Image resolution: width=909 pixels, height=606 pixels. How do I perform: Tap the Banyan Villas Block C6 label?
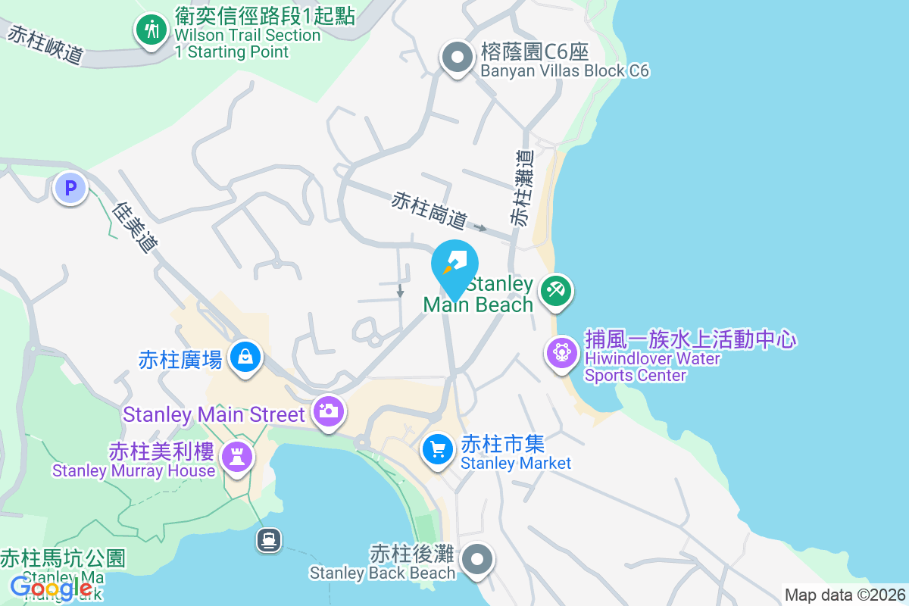[564, 61]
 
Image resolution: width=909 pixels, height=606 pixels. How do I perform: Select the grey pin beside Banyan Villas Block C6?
[457, 58]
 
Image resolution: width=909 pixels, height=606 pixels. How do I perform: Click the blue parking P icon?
[70, 188]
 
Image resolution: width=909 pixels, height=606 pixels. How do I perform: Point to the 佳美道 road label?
[137, 226]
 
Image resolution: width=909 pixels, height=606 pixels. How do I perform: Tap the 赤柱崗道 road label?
[429, 211]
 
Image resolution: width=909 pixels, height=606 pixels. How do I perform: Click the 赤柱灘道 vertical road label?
[522, 187]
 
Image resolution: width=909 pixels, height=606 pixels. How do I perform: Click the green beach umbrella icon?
[555, 290]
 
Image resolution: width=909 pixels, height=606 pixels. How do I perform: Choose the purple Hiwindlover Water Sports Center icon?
[562, 353]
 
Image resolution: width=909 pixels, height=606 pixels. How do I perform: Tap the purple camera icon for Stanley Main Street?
[328, 412]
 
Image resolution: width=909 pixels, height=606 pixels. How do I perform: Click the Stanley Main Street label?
[214, 415]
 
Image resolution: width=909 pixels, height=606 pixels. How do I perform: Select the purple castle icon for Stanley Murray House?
[238, 456]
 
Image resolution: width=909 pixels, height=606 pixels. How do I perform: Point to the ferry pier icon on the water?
[269, 540]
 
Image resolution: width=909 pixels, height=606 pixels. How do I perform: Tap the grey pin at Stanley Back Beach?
[477, 561]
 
